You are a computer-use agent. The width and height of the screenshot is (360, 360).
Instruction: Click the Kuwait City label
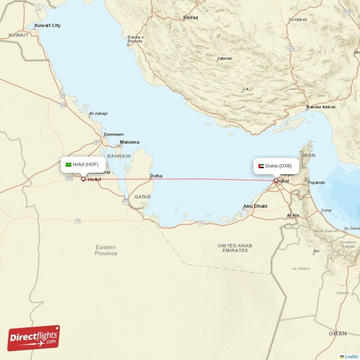[49, 26]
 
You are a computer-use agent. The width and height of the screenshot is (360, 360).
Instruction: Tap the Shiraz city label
[190, 18]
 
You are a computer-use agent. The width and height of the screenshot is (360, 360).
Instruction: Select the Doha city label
[156, 176]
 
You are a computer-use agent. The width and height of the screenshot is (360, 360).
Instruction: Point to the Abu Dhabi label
[255, 206]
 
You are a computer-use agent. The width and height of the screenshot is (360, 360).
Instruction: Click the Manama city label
[129, 142]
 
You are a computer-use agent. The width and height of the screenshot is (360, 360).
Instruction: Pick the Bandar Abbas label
[320, 107]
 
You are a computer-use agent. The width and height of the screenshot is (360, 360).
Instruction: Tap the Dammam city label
[113, 134]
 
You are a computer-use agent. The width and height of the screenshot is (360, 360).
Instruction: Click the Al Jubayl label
[98, 114]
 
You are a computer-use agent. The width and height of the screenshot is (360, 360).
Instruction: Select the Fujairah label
[316, 183]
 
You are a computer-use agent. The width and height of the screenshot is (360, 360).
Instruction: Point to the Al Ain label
[293, 216]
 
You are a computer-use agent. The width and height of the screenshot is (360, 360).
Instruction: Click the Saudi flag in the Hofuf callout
[68, 165]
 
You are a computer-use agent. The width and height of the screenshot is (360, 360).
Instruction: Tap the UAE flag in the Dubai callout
[261, 166]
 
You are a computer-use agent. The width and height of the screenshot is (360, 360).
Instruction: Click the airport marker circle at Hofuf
[83, 179]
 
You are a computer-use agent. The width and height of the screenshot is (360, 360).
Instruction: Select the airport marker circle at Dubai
[276, 180]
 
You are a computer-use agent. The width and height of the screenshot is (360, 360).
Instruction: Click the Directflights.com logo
[34, 338]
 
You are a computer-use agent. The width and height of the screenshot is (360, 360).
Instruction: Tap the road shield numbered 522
[69, 179]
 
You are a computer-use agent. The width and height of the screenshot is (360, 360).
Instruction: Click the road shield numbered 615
[125, 202]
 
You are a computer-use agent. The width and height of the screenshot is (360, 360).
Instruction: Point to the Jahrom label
[225, 58]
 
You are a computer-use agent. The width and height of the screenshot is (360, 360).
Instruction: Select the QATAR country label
[142, 197]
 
